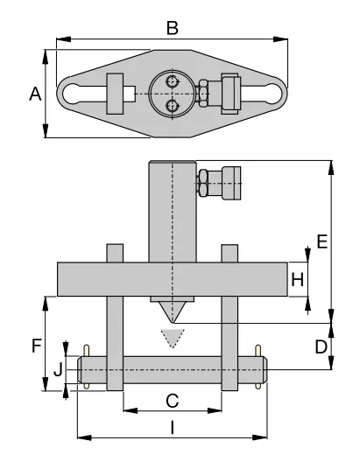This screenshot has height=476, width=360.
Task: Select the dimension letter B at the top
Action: point(173,28)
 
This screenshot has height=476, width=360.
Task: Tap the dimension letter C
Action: point(173,400)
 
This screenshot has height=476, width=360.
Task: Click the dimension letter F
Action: point(36,345)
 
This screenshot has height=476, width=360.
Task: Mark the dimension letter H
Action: point(297,280)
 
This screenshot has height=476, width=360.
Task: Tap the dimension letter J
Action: point(58,369)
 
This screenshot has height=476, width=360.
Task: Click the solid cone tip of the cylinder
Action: point(173,310)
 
